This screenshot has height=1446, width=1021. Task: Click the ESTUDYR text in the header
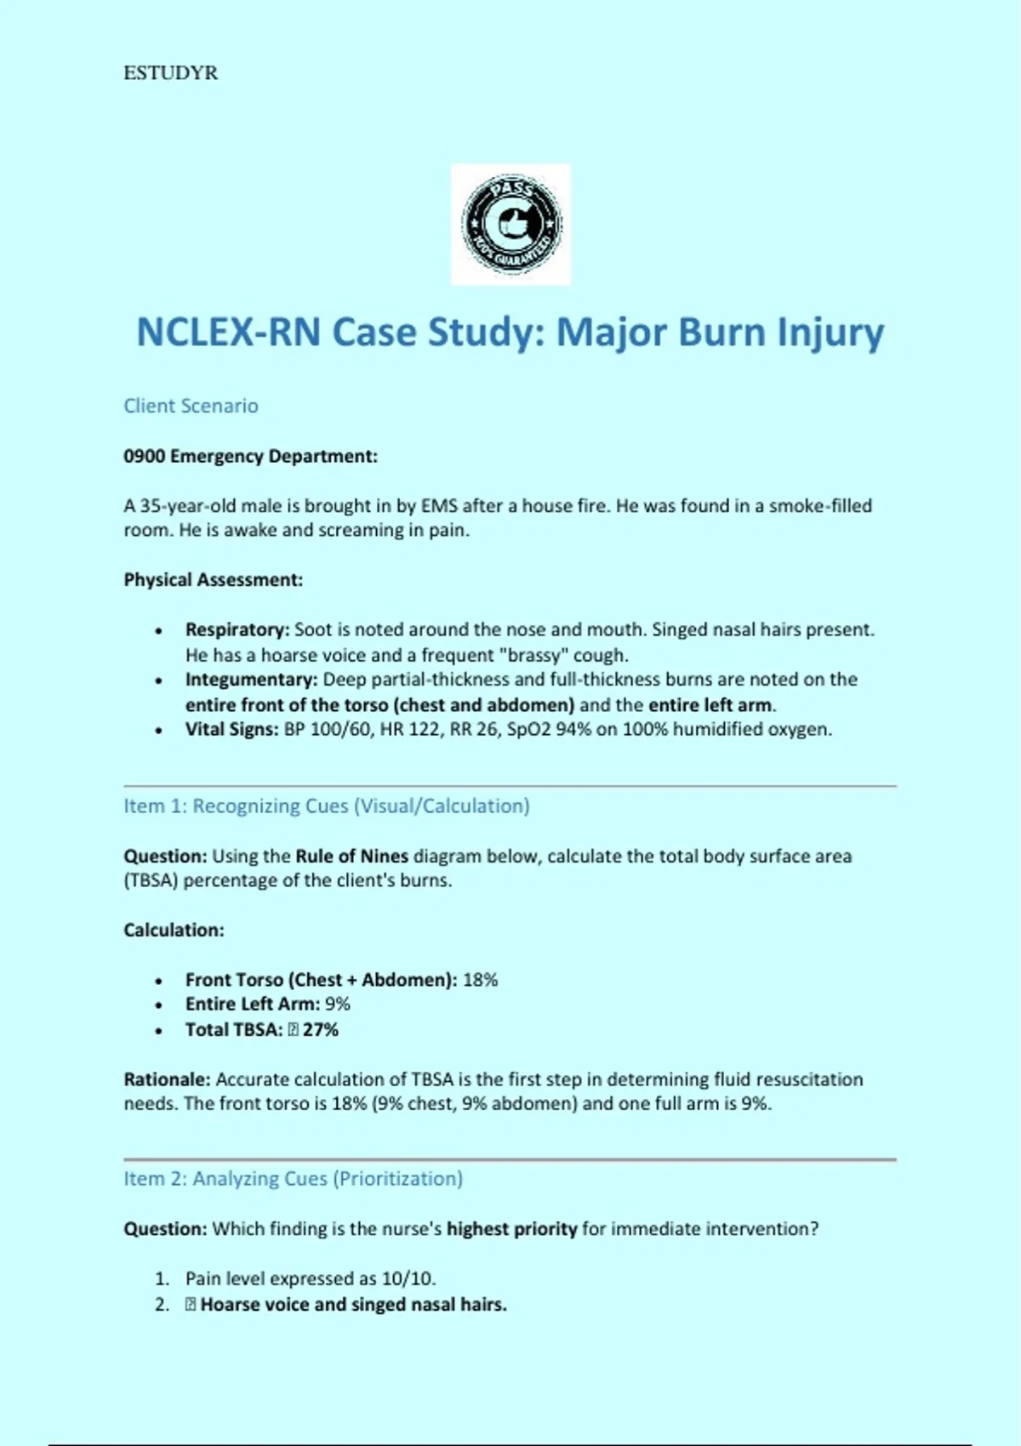point(170,73)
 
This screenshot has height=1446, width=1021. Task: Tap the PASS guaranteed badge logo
point(510,224)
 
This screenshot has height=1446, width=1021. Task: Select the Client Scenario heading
point(191,406)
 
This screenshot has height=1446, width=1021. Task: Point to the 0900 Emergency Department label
point(250,457)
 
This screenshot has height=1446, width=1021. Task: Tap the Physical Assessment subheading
point(213,580)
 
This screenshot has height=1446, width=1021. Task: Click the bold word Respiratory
point(237,630)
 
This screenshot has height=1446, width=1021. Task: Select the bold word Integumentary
point(251,680)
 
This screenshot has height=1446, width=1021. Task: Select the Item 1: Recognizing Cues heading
point(327,806)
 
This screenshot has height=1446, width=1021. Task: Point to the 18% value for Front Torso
point(480,980)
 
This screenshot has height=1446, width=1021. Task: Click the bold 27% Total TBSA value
point(321,1030)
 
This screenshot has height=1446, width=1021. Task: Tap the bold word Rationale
point(167,1079)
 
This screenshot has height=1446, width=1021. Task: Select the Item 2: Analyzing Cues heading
point(294,1179)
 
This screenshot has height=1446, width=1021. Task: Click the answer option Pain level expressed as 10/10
point(311,1278)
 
